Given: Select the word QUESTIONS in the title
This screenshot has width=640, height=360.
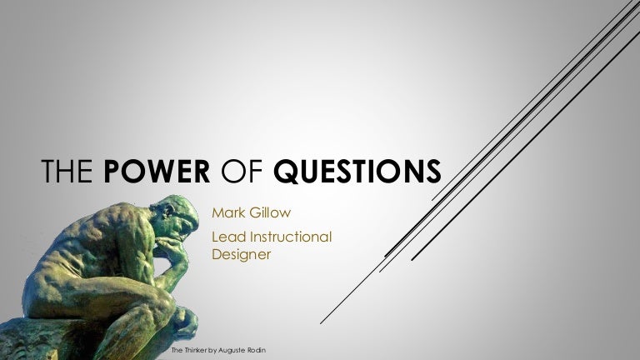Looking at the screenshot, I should point(358,172).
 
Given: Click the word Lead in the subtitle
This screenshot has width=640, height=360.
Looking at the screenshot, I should point(228,238).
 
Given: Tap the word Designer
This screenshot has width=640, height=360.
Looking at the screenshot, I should point(241,255).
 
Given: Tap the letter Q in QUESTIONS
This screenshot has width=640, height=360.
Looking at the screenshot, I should point(285,172).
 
